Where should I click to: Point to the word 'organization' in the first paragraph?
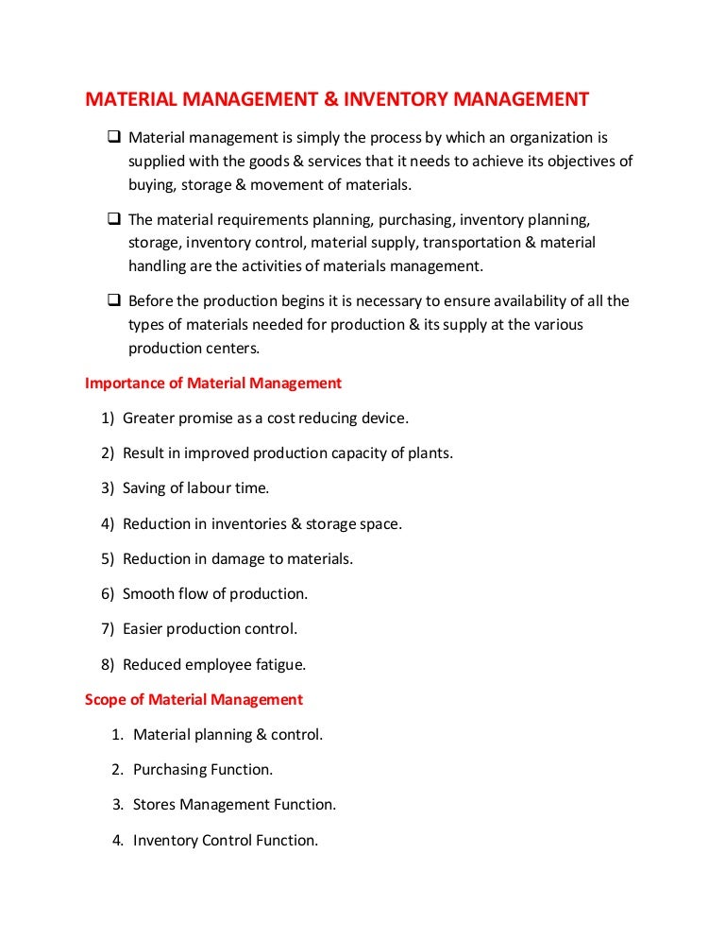click(x=541, y=138)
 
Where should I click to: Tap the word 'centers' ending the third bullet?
click(x=229, y=348)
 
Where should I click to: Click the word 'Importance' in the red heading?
click(x=124, y=384)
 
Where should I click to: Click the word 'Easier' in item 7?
click(x=144, y=629)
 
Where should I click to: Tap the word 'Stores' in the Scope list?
click(x=154, y=805)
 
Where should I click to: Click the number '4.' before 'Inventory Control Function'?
click(x=118, y=840)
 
